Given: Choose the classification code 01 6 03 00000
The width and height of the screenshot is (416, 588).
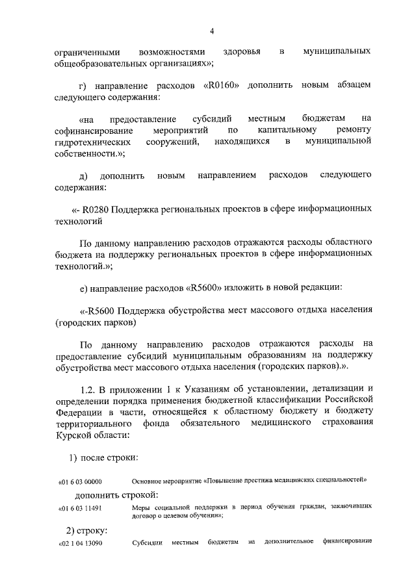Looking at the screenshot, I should [x=81, y=481].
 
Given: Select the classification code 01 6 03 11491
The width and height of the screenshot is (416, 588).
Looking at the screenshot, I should [x=81, y=507].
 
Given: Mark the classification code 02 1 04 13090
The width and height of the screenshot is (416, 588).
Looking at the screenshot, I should [x=81, y=543].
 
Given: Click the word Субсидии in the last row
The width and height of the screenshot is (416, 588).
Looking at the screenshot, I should [x=146, y=542].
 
